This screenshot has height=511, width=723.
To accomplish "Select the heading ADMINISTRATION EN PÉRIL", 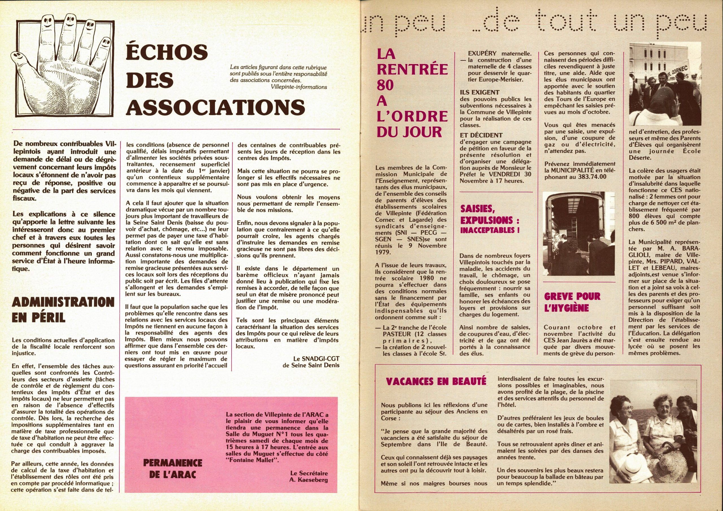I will coord(63,310).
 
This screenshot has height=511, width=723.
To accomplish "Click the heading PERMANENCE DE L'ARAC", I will coord(173,468).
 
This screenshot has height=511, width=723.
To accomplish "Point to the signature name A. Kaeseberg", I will coord(308,480).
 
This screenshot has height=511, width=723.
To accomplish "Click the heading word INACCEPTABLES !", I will coord(490,230).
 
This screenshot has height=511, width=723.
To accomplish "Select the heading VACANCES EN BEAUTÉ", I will coord(436,382).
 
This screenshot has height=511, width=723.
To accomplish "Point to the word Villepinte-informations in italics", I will coord(299,87).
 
